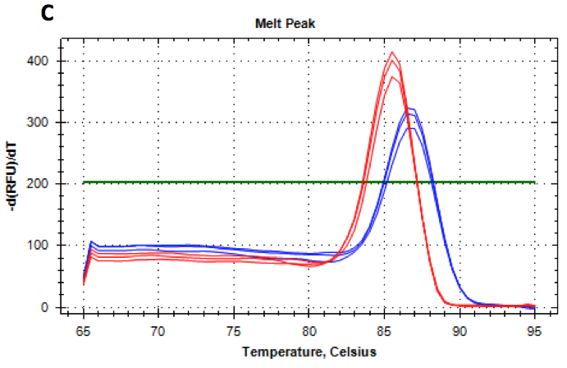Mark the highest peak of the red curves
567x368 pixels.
pyautogui.click(x=392, y=53)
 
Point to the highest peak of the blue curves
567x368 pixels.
pyautogui.click(x=411, y=108)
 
